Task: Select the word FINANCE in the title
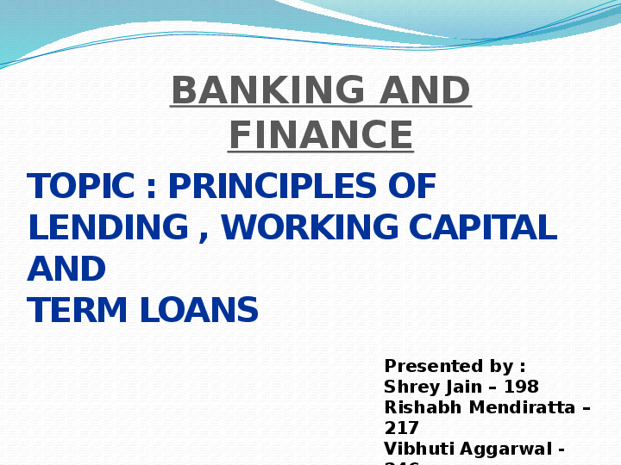coord(321,135)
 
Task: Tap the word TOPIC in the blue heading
coord(80,187)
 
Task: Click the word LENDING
coord(108,228)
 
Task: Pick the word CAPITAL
coord(482,228)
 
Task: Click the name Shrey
coord(409,387)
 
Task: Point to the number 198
coord(523,387)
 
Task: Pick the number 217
coord(401,428)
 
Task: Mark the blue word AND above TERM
coord(66,270)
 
